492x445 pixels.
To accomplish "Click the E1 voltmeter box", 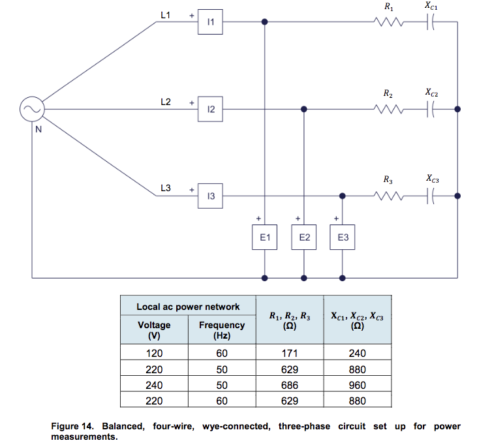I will (x=264, y=238).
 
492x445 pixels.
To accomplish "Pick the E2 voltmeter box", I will (x=303, y=238).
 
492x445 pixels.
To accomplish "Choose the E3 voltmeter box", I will (x=343, y=238).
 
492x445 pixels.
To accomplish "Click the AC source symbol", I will (x=31, y=110).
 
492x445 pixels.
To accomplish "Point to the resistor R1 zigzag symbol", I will (x=389, y=23).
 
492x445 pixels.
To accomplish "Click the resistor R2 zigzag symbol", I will (x=389, y=110).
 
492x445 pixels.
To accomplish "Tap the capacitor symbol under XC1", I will (x=431, y=23).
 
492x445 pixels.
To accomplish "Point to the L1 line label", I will (x=165, y=14).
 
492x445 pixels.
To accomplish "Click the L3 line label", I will (x=165, y=188).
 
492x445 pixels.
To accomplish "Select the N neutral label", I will (x=38, y=129).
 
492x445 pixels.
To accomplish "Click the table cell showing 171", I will (x=290, y=354).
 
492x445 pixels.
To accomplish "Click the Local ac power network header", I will (x=187, y=307).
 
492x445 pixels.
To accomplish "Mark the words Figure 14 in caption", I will (x=75, y=427).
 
